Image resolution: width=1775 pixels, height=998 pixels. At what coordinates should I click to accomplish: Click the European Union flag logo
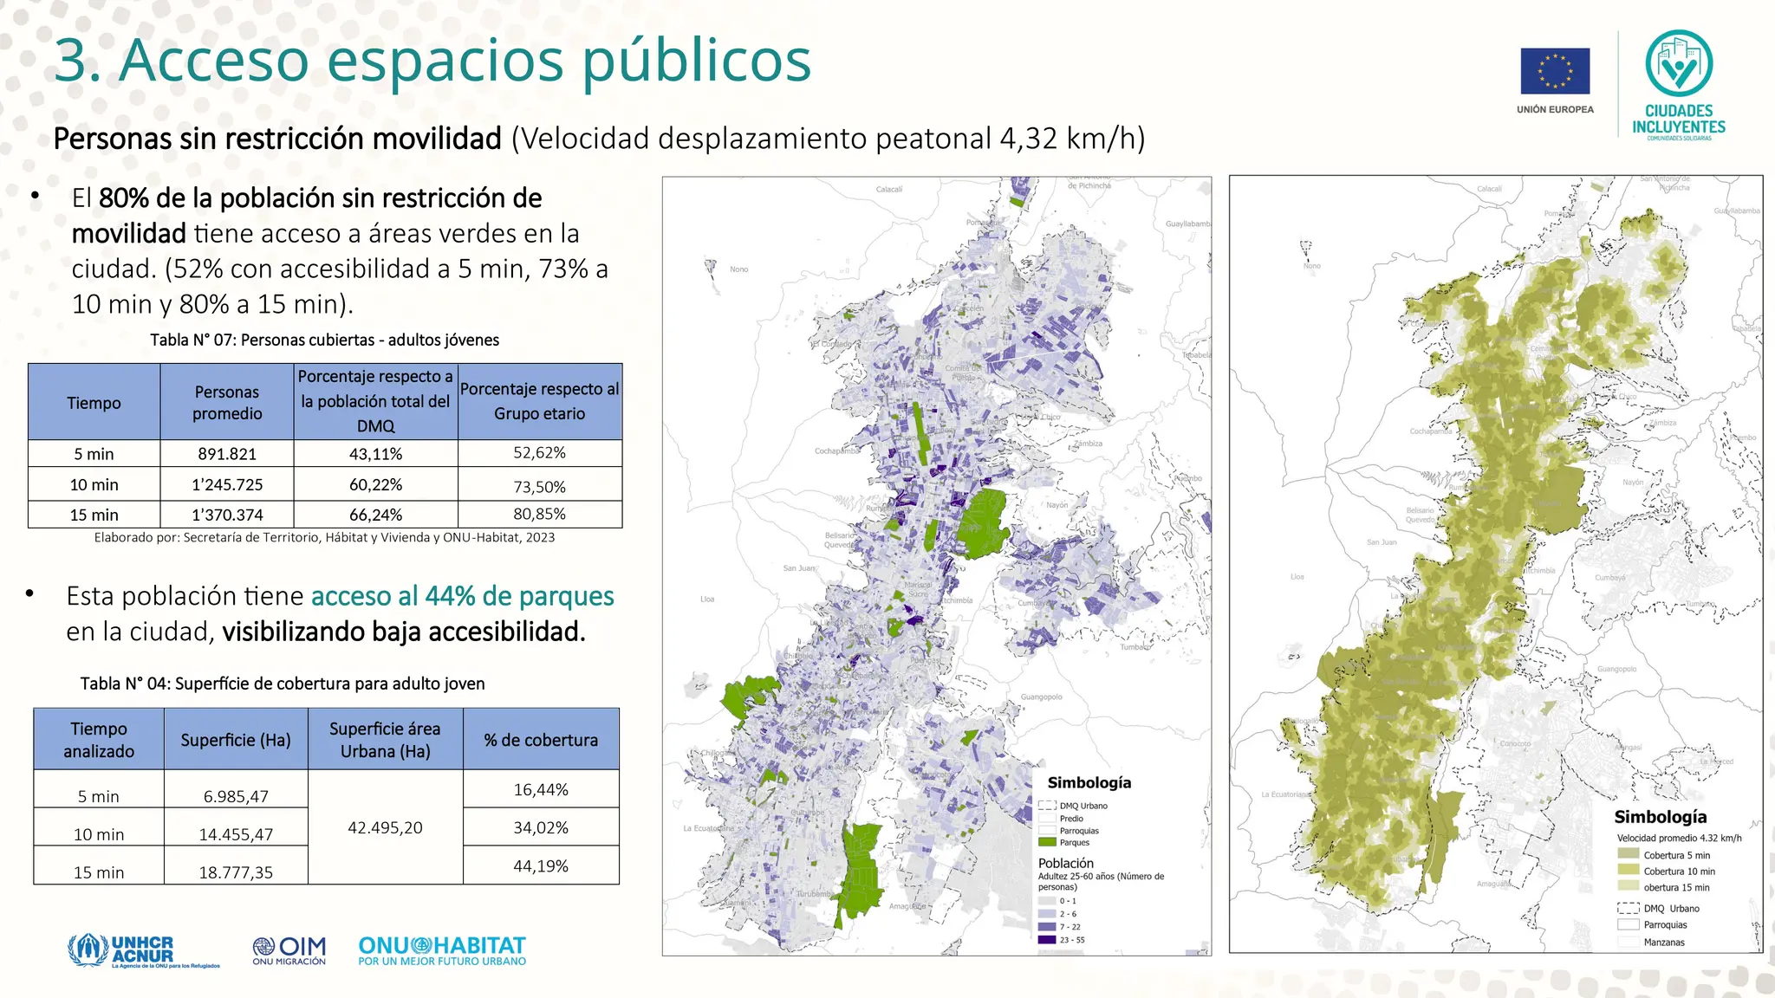(x=1555, y=71)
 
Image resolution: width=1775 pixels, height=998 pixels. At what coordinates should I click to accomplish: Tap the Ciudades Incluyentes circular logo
(x=1679, y=63)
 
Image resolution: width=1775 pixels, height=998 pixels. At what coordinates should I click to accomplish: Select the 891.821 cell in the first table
(x=227, y=454)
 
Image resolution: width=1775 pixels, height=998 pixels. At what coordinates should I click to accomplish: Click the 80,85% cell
(x=539, y=514)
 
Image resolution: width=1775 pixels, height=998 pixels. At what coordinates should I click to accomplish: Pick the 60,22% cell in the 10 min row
(x=375, y=485)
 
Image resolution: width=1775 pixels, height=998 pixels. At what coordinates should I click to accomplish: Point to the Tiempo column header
(x=94, y=403)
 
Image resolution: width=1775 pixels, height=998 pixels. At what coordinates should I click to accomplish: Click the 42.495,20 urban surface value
(x=385, y=827)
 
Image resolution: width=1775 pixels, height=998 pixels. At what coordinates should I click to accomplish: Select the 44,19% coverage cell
(x=541, y=865)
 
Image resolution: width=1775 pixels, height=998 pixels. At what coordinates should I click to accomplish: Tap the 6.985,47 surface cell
(x=236, y=796)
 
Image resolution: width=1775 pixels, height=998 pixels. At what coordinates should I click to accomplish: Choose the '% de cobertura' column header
(x=541, y=740)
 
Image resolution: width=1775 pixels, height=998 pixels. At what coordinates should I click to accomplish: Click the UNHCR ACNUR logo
(x=143, y=951)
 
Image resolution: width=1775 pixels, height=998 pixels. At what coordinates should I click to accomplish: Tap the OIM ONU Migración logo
(x=289, y=950)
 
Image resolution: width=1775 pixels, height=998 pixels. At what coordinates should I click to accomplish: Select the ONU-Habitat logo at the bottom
(x=442, y=950)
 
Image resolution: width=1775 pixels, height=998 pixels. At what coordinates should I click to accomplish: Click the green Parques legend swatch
(x=1047, y=842)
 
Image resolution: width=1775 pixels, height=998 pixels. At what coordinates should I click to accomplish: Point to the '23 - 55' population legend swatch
(x=1047, y=940)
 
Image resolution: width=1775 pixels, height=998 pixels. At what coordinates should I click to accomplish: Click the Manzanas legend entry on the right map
(x=1664, y=943)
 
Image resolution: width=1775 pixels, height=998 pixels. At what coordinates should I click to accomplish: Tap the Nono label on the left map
(x=738, y=269)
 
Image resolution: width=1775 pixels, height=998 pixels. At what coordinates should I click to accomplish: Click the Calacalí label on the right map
(x=1489, y=189)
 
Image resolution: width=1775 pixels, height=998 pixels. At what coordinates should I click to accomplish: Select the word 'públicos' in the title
(x=697, y=61)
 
